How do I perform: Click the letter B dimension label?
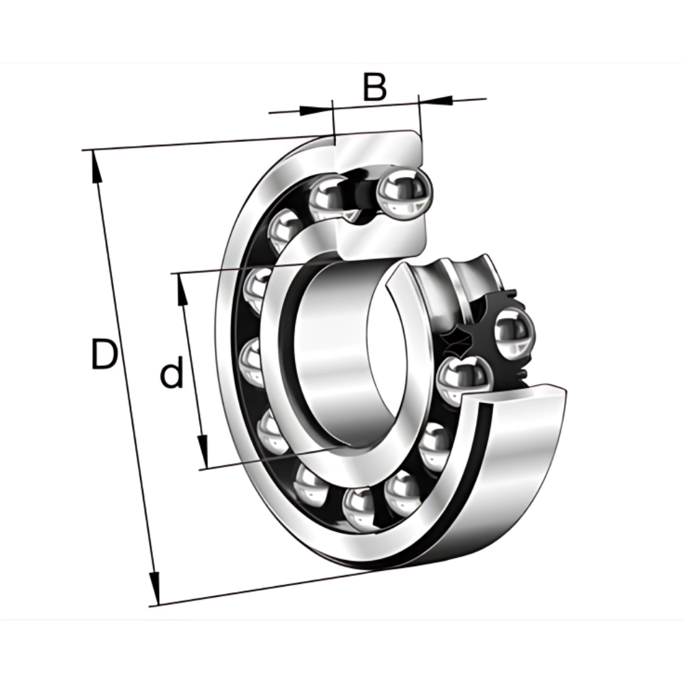point(374,87)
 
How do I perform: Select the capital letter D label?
point(104,353)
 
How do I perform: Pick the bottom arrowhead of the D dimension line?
point(154,588)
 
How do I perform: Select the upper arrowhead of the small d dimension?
point(182,290)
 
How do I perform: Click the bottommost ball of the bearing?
point(360,509)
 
